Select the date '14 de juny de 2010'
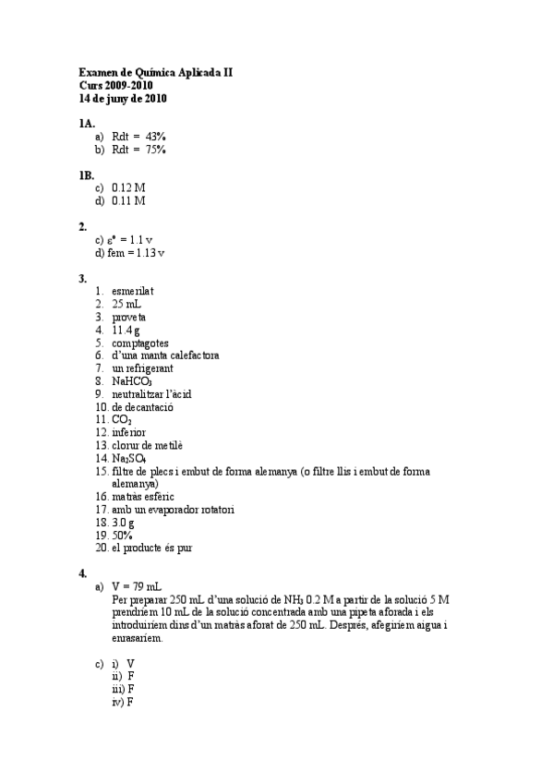pyautogui.click(x=123, y=98)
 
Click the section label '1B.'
pyautogui.click(x=87, y=174)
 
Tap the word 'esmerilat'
pyautogui.click(x=133, y=291)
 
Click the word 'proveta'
pyautogui.click(x=129, y=317)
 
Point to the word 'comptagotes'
pyautogui.click(x=140, y=343)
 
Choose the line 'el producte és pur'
pyautogui.click(x=151, y=548)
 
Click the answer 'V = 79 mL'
pyautogui.click(x=137, y=585)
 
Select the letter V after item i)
pyautogui.click(x=131, y=663)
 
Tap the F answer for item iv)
pyautogui.click(x=130, y=702)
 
